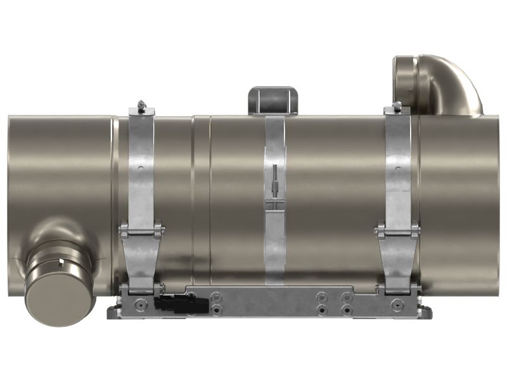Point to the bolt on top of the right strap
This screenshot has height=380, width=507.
pyautogui.click(x=397, y=106)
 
